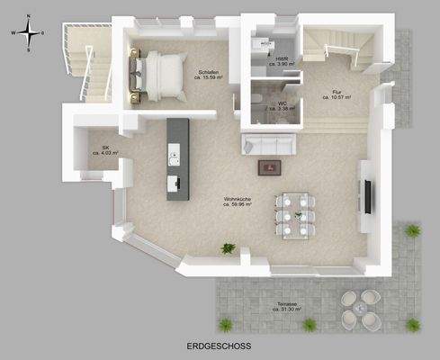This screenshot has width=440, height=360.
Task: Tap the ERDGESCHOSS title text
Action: [220, 345]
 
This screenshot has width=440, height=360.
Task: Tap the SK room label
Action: [105, 147]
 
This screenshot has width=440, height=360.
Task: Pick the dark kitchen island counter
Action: [178, 158]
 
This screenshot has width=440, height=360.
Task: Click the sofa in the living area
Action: [270, 143]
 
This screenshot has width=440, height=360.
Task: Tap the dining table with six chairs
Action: [295, 213]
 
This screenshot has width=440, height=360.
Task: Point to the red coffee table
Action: [267, 166]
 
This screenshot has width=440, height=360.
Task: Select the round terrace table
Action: [360, 308]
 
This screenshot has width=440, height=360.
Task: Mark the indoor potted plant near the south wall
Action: [229, 247]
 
